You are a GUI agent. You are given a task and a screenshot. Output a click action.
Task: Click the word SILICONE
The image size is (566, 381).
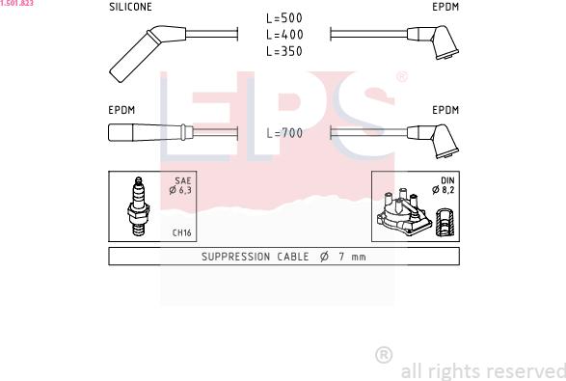[130, 7]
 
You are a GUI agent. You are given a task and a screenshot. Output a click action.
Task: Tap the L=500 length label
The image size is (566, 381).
[284, 18]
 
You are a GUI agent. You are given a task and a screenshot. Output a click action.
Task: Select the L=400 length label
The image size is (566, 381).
[284, 35]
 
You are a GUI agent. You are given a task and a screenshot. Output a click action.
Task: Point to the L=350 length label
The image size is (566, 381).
[284, 51]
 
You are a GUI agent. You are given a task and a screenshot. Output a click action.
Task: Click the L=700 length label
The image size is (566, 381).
[284, 133]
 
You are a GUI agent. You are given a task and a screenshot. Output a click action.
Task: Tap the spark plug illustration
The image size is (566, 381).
[138, 205]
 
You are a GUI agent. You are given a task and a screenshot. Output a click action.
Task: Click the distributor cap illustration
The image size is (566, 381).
[404, 212]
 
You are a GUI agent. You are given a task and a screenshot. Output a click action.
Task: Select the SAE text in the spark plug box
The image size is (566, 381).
[183, 180]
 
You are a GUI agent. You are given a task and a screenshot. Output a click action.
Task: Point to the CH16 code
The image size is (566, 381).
[181, 232]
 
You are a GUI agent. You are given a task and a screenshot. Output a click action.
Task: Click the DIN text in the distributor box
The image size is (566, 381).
[447, 180]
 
